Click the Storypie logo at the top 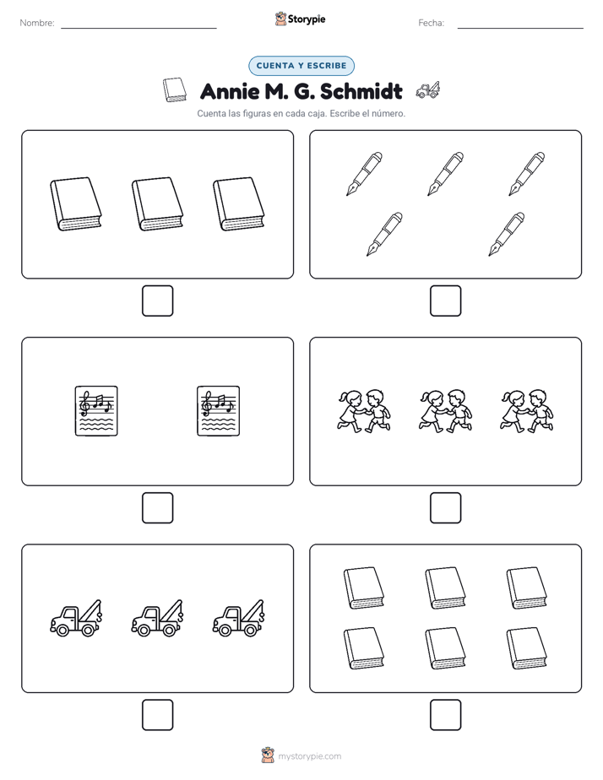click(300, 19)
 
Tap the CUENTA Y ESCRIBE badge click(301, 66)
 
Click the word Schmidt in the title click(361, 91)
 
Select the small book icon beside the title click(175, 90)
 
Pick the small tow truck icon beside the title click(427, 89)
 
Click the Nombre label click(37, 23)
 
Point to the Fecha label click(431, 23)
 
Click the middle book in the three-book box click(157, 204)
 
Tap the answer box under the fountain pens click(445, 301)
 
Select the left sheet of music click(96, 411)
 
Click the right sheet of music click(219, 411)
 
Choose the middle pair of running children click(445, 411)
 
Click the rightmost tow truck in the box click(239, 618)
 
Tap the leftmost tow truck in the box click(76, 618)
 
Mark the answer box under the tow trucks click(158, 715)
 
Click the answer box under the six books click(445, 715)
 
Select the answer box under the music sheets click(158, 508)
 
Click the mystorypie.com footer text click(309, 756)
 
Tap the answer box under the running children click(445, 508)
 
